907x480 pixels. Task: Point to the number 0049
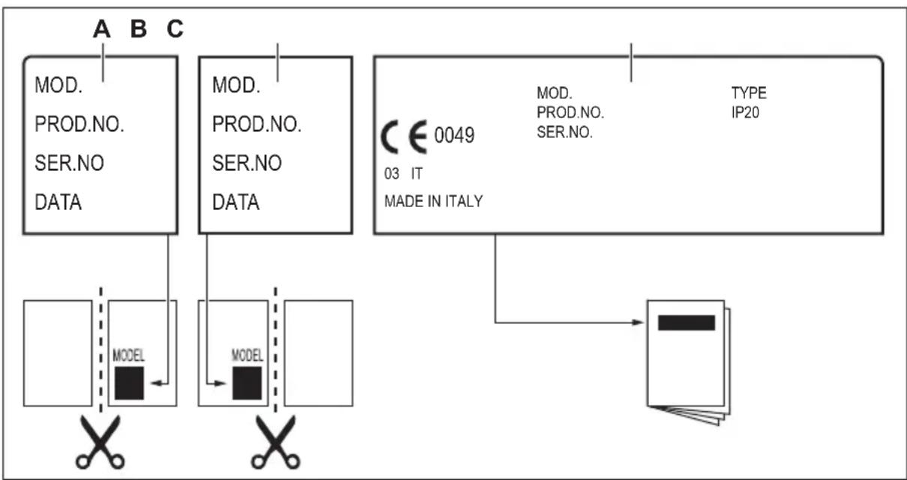(x=455, y=137)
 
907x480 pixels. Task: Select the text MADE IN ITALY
(x=434, y=201)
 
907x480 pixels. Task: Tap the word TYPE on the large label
(x=749, y=94)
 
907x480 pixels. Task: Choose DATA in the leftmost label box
(x=58, y=202)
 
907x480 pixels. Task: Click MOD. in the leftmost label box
(x=58, y=85)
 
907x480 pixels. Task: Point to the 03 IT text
(x=404, y=173)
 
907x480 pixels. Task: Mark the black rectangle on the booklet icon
(x=686, y=322)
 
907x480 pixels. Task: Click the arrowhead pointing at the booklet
(x=639, y=323)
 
